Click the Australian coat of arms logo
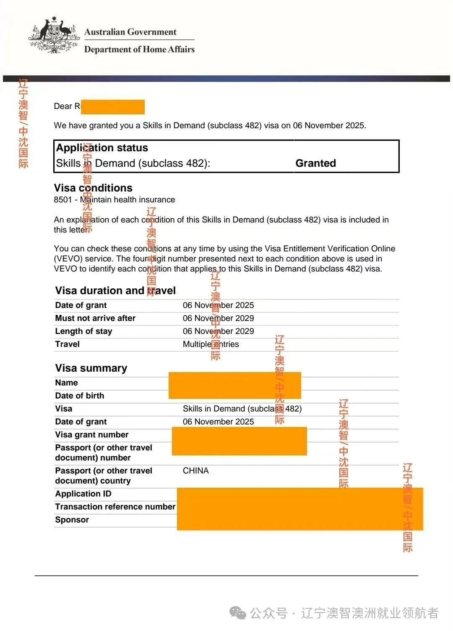click(x=54, y=35)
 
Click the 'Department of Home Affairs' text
click(x=139, y=49)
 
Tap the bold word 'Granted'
click(x=315, y=163)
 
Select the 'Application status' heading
click(x=102, y=148)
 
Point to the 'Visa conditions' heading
click(x=93, y=188)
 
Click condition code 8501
click(x=63, y=200)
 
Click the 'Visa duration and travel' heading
click(x=115, y=290)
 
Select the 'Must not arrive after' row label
click(x=95, y=318)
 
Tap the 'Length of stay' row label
click(x=83, y=331)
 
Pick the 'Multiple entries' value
click(x=211, y=344)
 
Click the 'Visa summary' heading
click(x=91, y=368)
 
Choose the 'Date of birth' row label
click(x=79, y=396)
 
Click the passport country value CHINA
click(x=195, y=471)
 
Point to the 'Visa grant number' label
click(x=91, y=434)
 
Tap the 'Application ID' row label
click(x=83, y=494)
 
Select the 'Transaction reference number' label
click(x=115, y=507)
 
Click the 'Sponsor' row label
click(x=72, y=520)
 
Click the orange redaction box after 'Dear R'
click(x=113, y=107)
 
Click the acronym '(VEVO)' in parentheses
click(x=68, y=259)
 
